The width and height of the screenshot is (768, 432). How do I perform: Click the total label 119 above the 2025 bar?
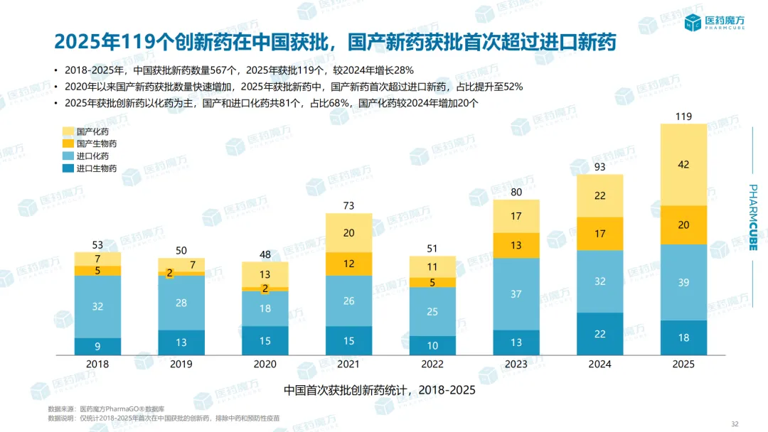pyautogui.click(x=683, y=117)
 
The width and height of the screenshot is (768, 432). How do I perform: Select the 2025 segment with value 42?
pyautogui.click(x=683, y=165)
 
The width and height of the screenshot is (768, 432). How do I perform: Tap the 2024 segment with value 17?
pyautogui.click(x=599, y=233)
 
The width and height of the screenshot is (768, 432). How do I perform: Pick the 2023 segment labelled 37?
pyautogui.click(x=516, y=294)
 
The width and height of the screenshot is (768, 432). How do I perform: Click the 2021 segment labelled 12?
pyautogui.click(x=348, y=264)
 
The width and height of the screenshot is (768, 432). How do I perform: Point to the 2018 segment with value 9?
pyautogui.click(x=97, y=347)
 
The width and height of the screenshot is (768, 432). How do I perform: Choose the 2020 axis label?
pyautogui.click(x=265, y=364)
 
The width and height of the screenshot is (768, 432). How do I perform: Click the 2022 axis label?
pyautogui.click(x=432, y=364)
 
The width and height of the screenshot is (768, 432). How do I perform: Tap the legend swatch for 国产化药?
pyautogui.click(x=68, y=131)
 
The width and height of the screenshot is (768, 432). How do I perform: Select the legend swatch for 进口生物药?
pyautogui.click(x=68, y=168)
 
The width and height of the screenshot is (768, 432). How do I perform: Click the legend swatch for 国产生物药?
pyautogui.click(x=68, y=144)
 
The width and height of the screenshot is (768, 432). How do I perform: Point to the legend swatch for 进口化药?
pyautogui.click(x=68, y=156)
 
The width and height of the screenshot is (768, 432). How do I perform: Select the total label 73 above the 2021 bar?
pyautogui.click(x=348, y=206)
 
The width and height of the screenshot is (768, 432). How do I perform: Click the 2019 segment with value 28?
pyautogui.click(x=181, y=303)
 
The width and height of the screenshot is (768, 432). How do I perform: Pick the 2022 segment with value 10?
pyautogui.click(x=432, y=346)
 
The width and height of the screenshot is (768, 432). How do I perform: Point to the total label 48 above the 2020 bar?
pyautogui.click(x=265, y=254)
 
